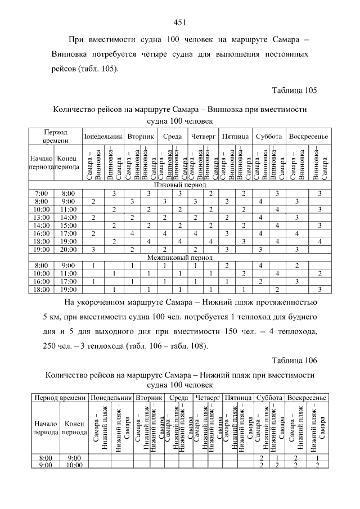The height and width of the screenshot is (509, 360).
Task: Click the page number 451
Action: tap(180, 22)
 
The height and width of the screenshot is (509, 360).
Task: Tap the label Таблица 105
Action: tap(294, 90)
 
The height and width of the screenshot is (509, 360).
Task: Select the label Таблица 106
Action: tap(294, 360)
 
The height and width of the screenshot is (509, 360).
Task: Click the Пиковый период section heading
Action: tap(180, 184)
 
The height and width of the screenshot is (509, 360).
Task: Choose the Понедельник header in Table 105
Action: tap(102, 137)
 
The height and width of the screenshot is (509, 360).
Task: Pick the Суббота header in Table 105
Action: tap(269, 137)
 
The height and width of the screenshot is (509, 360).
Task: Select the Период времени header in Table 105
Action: tap(56, 136)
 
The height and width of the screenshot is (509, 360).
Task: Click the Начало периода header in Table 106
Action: tap(46, 428)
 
